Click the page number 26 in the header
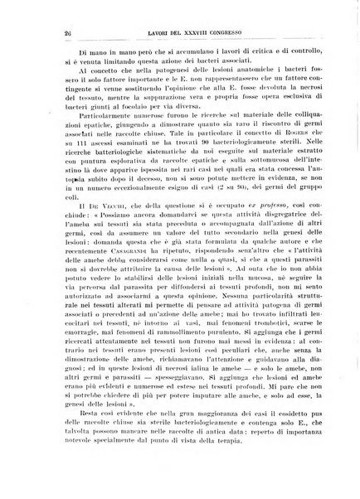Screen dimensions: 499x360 click(x=39, y=34)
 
